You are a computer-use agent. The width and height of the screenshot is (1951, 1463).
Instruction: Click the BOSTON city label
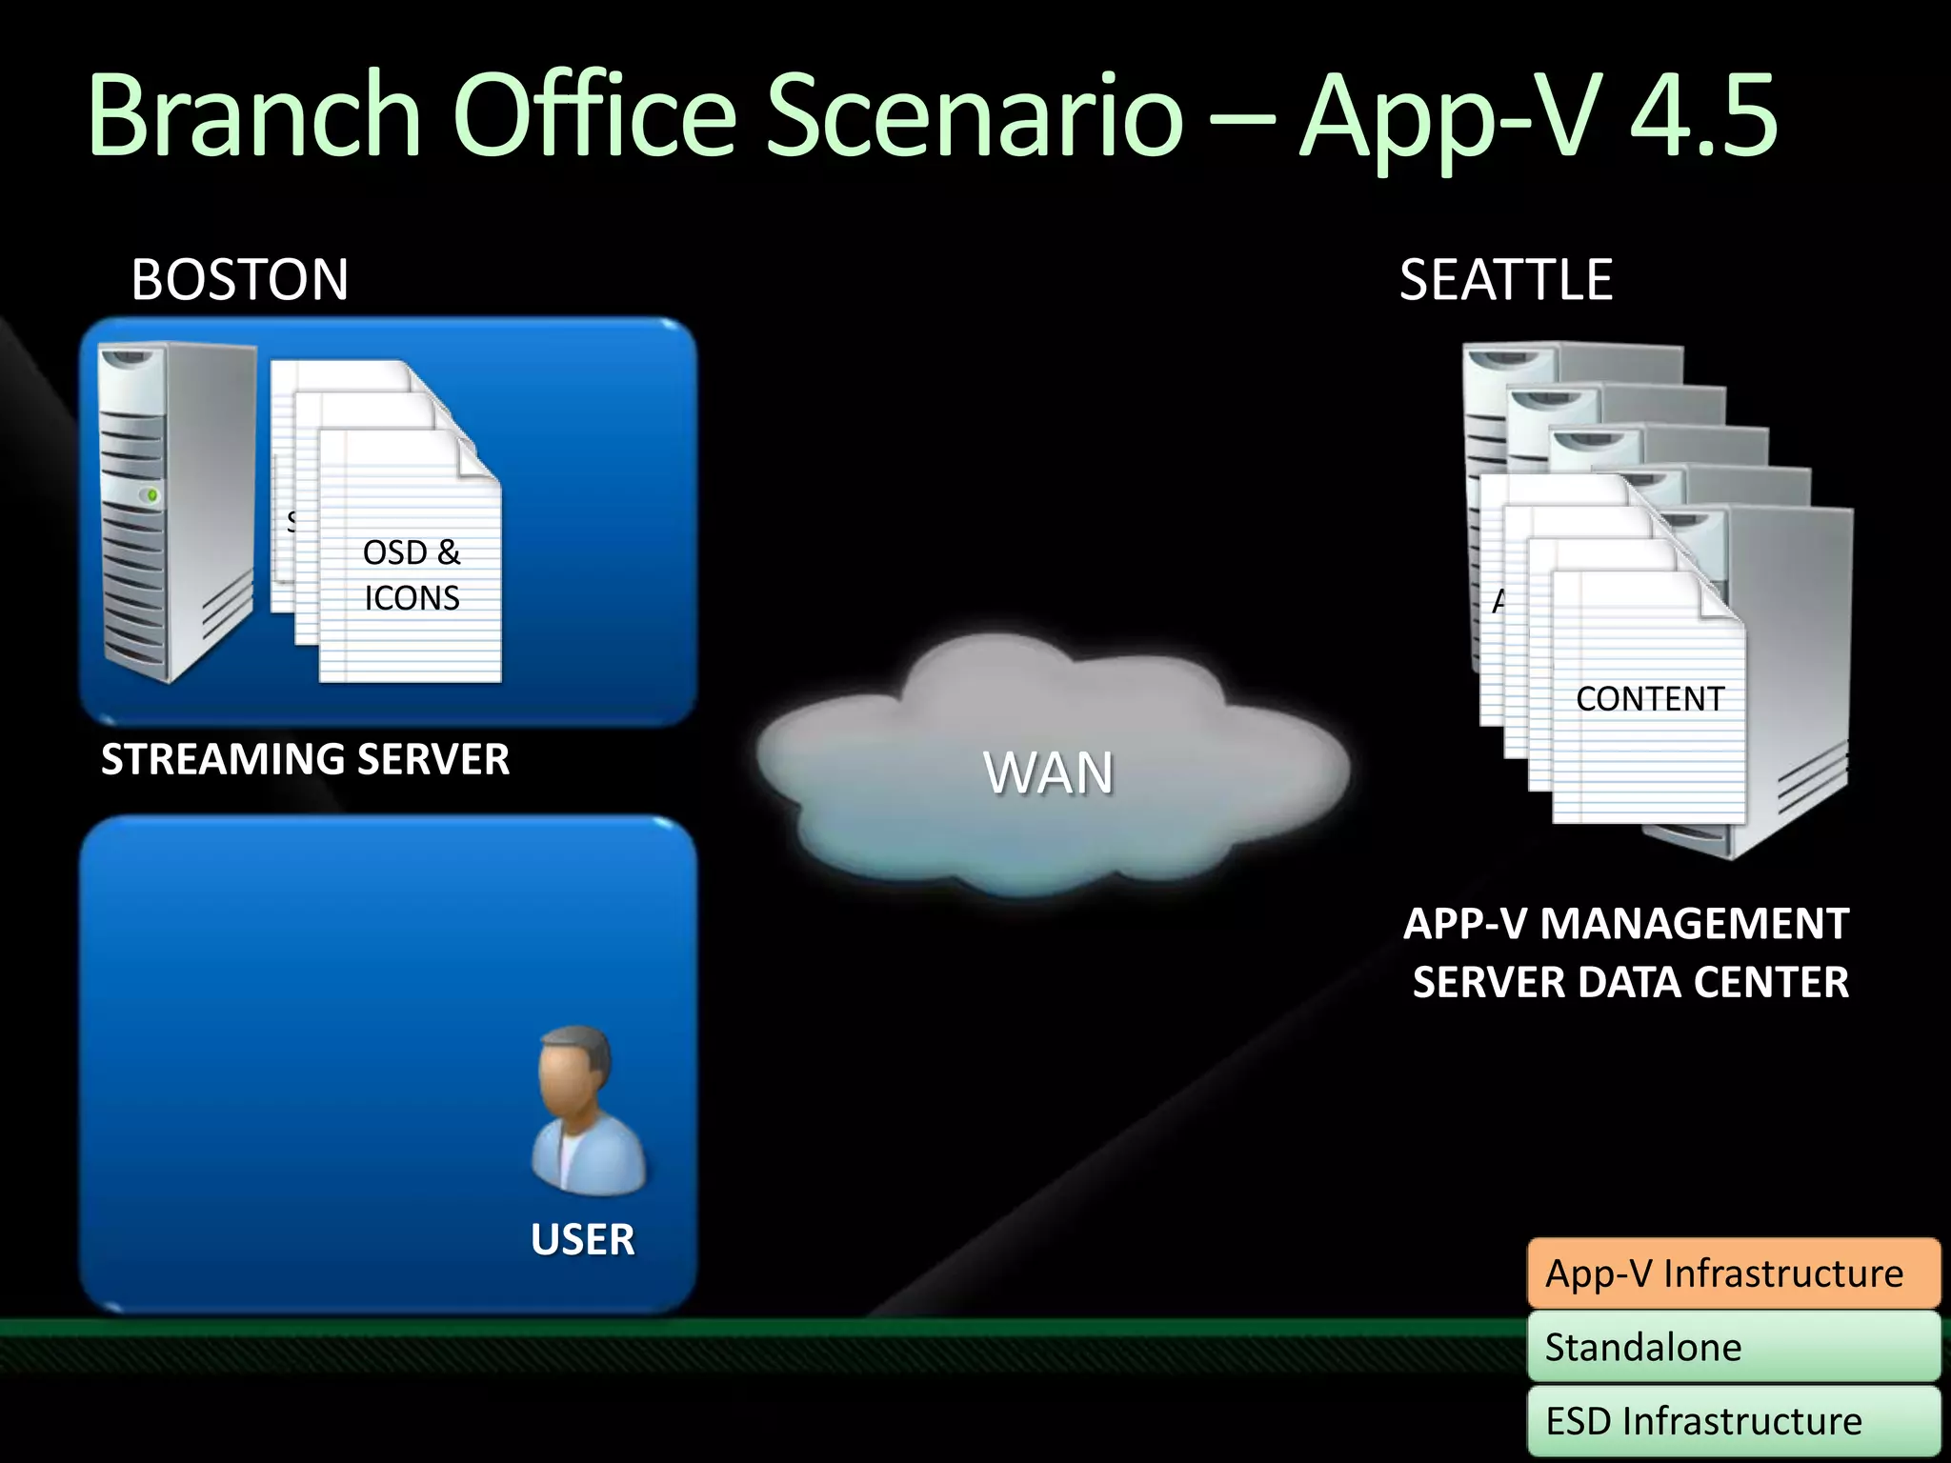coord(240,280)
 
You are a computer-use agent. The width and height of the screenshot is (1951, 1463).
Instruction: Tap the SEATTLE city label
coord(1505,280)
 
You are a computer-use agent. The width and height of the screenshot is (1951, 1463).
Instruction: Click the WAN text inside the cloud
coord(1049,772)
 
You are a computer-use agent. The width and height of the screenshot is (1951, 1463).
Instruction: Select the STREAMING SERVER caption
coord(305,759)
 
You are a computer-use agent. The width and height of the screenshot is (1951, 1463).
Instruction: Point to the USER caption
coord(582,1239)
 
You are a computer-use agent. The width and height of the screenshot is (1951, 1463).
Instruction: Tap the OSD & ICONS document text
coord(412,575)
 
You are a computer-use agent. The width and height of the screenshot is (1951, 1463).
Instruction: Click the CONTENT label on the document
coord(1649,699)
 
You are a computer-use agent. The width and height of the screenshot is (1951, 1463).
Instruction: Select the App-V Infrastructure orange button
coord(1733,1273)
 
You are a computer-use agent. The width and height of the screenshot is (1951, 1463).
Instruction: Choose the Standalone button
coord(1733,1347)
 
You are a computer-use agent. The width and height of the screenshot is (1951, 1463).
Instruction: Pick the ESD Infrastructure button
coord(1733,1420)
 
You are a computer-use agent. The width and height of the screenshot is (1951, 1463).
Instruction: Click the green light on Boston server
coord(151,495)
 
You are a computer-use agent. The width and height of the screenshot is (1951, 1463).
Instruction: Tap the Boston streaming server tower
coord(176,514)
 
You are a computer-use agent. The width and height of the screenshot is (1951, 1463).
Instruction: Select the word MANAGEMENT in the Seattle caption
coord(1694,924)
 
